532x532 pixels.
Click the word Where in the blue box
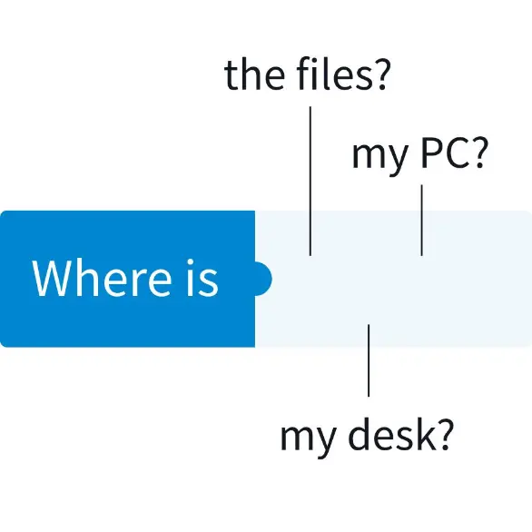click(102, 278)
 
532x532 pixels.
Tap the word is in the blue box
click(202, 278)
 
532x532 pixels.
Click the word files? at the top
click(342, 74)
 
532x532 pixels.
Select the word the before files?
click(254, 75)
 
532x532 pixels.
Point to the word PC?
click(454, 153)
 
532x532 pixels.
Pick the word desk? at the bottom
click(401, 435)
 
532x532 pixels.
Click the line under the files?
click(310, 181)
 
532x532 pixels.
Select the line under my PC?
click(422, 221)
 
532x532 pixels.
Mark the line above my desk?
click(369, 360)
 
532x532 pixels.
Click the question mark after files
click(381, 74)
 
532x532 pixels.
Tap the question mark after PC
click(479, 153)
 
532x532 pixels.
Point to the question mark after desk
click(446, 435)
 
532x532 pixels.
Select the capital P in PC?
click(431, 153)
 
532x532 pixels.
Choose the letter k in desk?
click(426, 434)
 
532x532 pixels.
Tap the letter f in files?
click(304, 74)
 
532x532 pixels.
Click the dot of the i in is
click(191, 263)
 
